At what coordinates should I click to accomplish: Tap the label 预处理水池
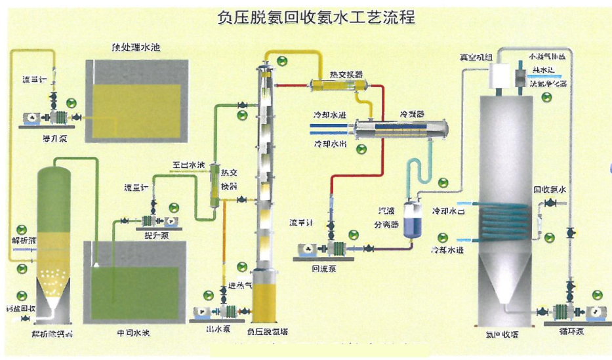tap(137, 48)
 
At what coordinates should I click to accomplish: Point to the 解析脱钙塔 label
tap(52, 334)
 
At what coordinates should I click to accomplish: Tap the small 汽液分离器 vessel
tap(413, 218)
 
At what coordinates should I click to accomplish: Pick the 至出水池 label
tap(189, 165)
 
